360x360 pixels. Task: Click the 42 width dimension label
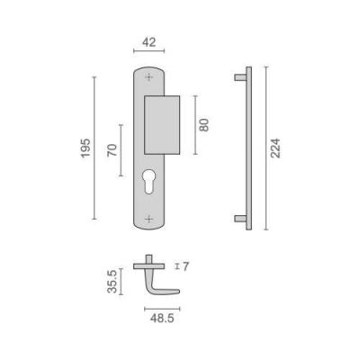coord(149,42)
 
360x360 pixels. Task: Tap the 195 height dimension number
coord(85,148)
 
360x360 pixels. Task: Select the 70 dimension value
coord(112,150)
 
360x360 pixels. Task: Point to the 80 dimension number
coord(204,125)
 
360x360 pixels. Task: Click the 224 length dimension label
coord(275,148)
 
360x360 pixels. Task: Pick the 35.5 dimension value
coord(112,282)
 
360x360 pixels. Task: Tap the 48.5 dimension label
coord(162,319)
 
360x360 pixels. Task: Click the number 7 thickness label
coord(185,266)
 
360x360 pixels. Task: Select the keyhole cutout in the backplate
coord(148,181)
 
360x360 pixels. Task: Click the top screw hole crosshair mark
coord(148,77)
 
